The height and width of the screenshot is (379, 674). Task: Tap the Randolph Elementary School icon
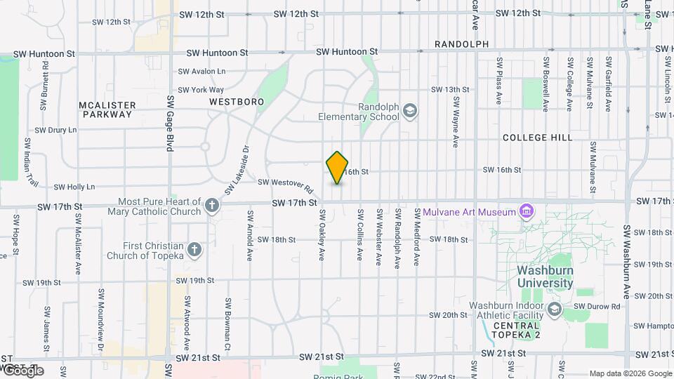pos(410,111)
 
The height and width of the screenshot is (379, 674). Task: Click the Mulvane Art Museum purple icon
pos(526,212)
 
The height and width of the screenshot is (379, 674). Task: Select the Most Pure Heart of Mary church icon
pos(212,206)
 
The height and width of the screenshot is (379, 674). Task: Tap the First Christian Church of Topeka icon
pos(194,250)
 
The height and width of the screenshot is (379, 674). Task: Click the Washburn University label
pos(545,277)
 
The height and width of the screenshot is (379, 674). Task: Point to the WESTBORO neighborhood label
pos(236,102)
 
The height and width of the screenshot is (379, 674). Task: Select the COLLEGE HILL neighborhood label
pos(538,138)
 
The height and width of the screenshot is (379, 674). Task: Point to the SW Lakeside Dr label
pos(237,171)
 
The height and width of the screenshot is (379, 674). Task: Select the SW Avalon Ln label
pos(201,72)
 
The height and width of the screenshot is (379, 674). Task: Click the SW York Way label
pos(201,90)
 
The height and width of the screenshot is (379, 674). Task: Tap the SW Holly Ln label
pos(74,187)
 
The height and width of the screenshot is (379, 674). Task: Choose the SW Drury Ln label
pos(56,130)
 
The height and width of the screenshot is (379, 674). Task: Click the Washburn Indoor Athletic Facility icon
pos(555,310)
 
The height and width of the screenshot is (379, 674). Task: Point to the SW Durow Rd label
pos(597,307)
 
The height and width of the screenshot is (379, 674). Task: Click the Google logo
pos(23,370)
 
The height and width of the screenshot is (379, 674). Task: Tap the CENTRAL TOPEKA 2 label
pos(517,331)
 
